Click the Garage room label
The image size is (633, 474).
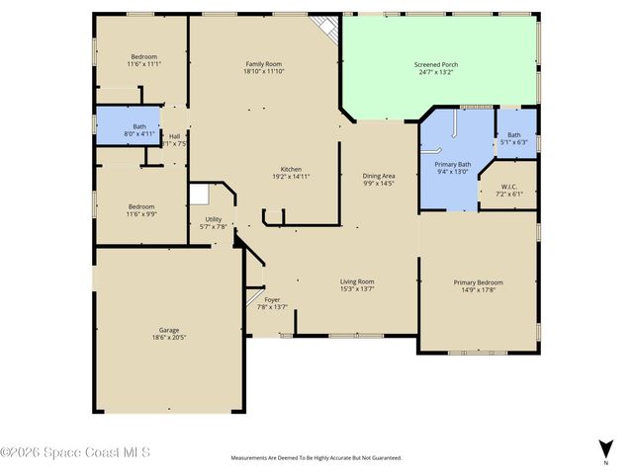coord(168,330)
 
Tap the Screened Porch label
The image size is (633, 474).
coord(435,65)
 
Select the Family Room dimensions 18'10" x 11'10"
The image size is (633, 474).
coord(265,72)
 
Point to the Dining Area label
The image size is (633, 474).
coord(379,175)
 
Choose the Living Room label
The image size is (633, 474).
coord(357,280)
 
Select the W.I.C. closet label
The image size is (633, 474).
coord(509,187)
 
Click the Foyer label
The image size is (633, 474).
coord(272,299)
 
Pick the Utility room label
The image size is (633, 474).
coord(214,219)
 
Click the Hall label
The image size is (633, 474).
coord(174,136)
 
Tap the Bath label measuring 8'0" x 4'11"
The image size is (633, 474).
coord(139,125)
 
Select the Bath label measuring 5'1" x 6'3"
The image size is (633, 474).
coord(515,135)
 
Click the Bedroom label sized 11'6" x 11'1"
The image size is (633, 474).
coord(143,57)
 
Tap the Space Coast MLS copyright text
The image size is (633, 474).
coord(75,452)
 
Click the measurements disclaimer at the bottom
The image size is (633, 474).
coord(316,458)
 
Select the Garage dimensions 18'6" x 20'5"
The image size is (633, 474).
coord(168,338)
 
